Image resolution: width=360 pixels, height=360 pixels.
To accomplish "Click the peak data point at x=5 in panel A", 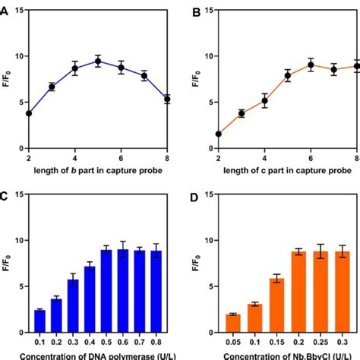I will (98, 61).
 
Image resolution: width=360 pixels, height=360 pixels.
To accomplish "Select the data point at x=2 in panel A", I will (29, 113).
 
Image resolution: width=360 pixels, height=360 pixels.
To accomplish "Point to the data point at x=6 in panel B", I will (289, 65).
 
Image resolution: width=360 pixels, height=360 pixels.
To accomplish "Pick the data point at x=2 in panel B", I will (219, 134).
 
